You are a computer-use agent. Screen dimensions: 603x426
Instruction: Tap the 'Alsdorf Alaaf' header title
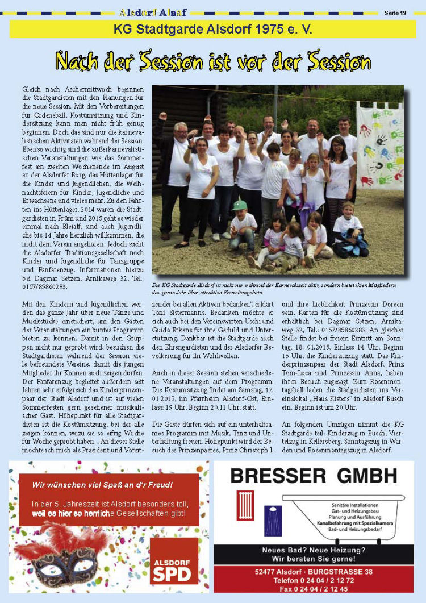click(x=153, y=13)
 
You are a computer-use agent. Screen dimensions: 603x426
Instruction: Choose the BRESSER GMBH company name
click(x=314, y=475)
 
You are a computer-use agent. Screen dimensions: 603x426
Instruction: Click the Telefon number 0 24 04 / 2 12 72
click(x=314, y=580)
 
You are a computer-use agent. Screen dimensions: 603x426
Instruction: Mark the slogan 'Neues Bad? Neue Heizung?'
click(x=314, y=550)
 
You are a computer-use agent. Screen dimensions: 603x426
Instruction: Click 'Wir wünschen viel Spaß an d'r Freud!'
click(x=102, y=485)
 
